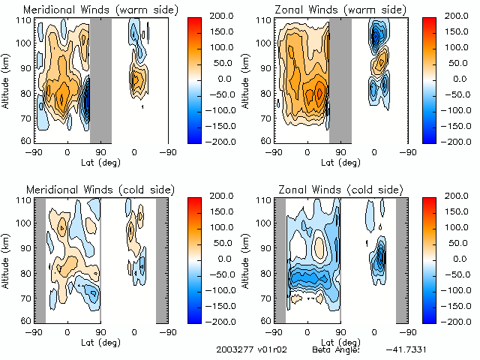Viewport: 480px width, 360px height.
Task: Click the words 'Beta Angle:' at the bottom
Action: click(336, 350)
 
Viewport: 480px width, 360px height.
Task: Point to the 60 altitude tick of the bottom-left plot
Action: click(26, 320)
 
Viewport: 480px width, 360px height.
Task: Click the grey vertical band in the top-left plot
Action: click(100, 79)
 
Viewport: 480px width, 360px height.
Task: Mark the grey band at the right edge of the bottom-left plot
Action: click(161, 259)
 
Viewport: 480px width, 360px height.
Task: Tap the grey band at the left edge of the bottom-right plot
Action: click(280, 259)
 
